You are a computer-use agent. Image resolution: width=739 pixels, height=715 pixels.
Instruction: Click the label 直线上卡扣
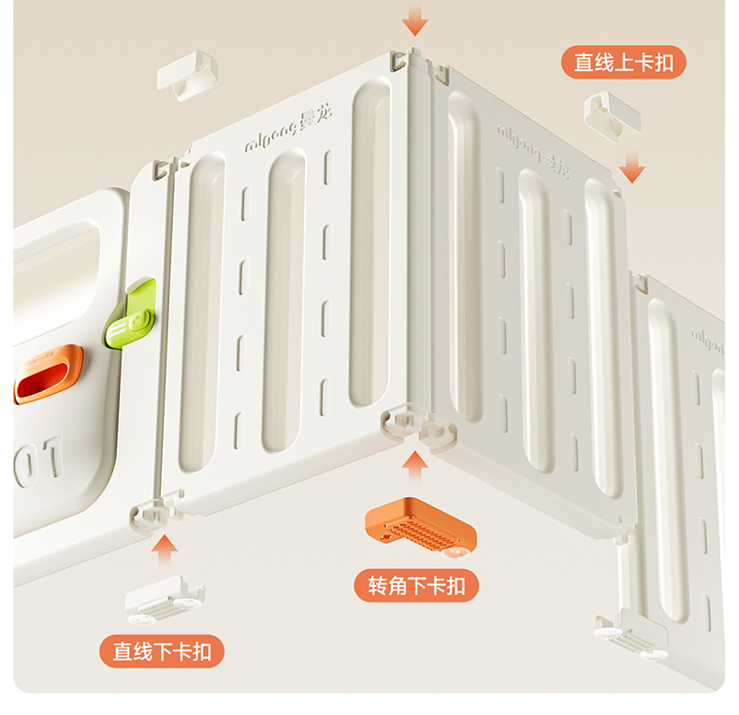point(624,63)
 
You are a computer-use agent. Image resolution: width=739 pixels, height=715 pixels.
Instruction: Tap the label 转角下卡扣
point(416,586)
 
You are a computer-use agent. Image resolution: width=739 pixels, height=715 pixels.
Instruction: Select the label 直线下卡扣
point(163,652)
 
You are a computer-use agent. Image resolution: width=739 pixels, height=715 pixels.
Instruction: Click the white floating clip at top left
point(186,76)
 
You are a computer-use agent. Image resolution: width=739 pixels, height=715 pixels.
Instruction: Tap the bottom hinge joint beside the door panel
point(151,512)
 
